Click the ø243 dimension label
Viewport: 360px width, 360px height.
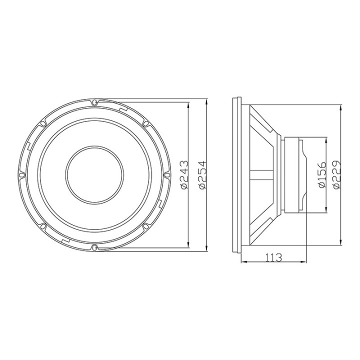click(x=183, y=174)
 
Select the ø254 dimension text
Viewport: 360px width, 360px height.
click(x=202, y=174)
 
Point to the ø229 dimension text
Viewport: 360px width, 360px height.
click(x=336, y=174)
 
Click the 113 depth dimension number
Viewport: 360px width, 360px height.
click(x=273, y=257)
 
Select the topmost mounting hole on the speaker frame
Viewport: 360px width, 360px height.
click(x=94, y=102)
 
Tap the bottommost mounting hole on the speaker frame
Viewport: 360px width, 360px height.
click(x=94, y=246)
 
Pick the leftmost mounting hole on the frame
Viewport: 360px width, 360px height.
click(x=22, y=174)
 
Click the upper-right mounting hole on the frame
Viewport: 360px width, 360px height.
click(x=145, y=123)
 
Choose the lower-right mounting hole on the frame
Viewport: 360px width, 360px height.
click(x=145, y=226)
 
